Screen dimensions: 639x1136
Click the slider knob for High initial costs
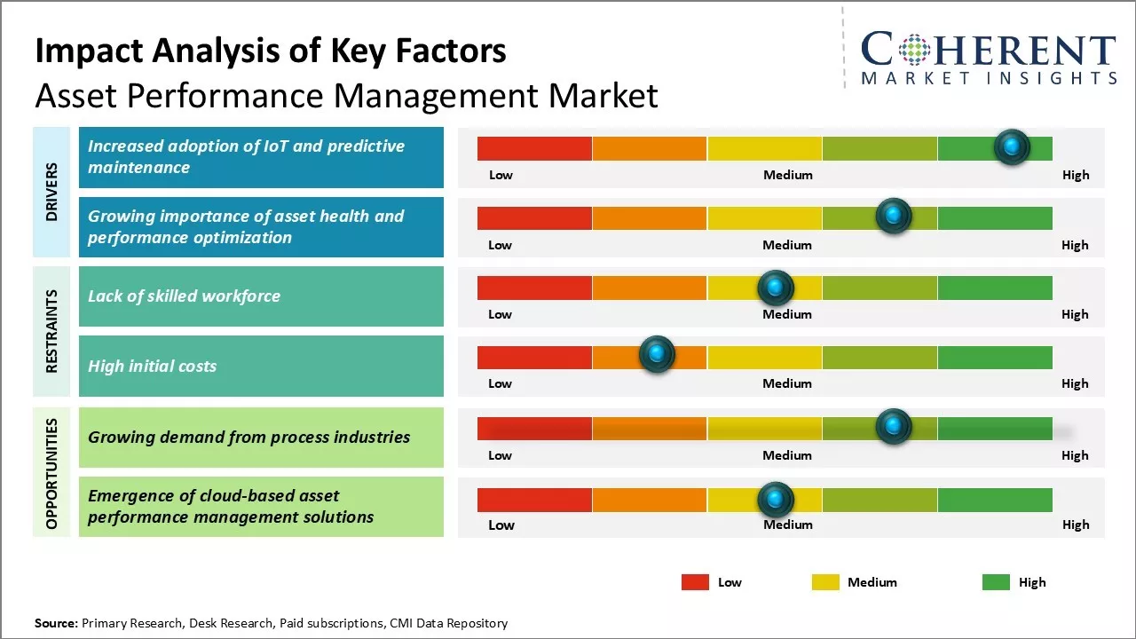pyautogui.click(x=657, y=355)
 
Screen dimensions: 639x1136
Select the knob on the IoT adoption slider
pyautogui.click(x=1012, y=146)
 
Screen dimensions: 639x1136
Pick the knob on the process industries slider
pyautogui.click(x=894, y=427)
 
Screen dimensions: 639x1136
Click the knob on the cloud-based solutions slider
pyautogui.click(x=776, y=500)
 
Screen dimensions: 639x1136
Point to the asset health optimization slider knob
pyautogui.click(x=894, y=216)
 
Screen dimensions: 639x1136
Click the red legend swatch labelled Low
pyautogui.click(x=695, y=582)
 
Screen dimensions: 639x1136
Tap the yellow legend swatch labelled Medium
pyautogui.click(x=825, y=582)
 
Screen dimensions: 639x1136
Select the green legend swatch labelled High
pyautogui.click(x=996, y=582)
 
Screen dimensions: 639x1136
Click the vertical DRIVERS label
pyautogui.click(x=51, y=192)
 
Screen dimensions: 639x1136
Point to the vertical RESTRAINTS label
pyautogui.click(x=51, y=331)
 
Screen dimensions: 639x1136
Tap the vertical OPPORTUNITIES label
pyautogui.click(x=51, y=473)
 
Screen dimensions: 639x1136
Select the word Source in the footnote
pyautogui.click(x=56, y=623)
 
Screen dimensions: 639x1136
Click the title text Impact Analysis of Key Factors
pyautogui.click(x=271, y=51)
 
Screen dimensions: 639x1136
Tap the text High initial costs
pyautogui.click(x=152, y=366)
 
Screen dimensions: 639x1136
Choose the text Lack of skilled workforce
pyautogui.click(x=184, y=296)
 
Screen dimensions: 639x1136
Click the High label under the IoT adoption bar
pyautogui.click(x=1076, y=175)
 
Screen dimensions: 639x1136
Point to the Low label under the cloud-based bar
pyautogui.click(x=501, y=525)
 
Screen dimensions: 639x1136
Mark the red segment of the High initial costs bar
pyautogui.click(x=534, y=358)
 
